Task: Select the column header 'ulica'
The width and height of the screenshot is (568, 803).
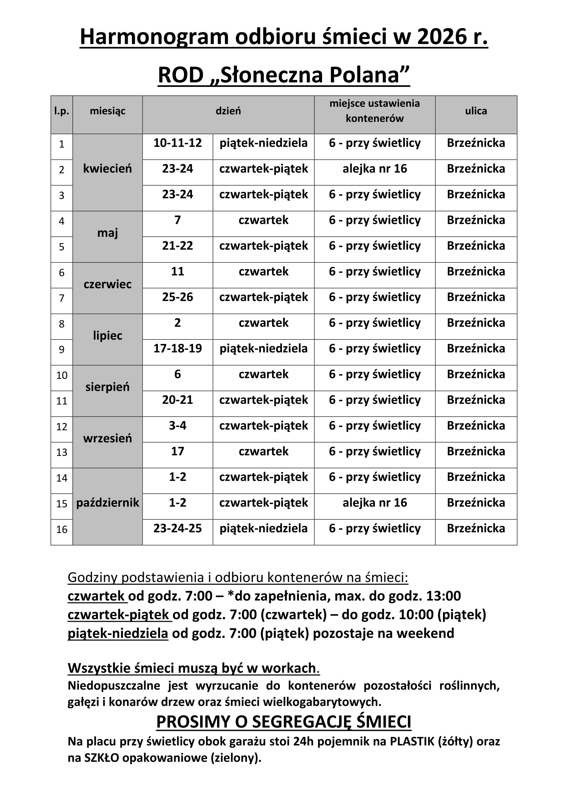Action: tap(476, 111)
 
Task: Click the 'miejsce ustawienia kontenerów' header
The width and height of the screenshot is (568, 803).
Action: tap(375, 111)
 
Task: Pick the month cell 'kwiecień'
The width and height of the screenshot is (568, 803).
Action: tap(107, 169)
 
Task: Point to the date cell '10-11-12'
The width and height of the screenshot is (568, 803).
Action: tap(178, 143)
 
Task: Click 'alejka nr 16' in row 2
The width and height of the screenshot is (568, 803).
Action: tap(375, 169)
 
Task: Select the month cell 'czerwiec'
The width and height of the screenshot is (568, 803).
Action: tap(107, 284)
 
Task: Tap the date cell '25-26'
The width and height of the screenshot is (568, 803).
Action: tap(178, 297)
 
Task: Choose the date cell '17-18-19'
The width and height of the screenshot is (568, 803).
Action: tap(178, 349)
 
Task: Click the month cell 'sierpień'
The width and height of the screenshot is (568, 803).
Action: tap(107, 387)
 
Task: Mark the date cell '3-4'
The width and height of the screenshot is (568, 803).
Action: tap(178, 426)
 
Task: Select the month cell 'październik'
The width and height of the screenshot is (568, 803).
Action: tap(107, 503)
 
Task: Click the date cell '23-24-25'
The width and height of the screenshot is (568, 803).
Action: tap(178, 528)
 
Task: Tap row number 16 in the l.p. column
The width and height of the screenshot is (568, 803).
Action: tap(61, 529)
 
